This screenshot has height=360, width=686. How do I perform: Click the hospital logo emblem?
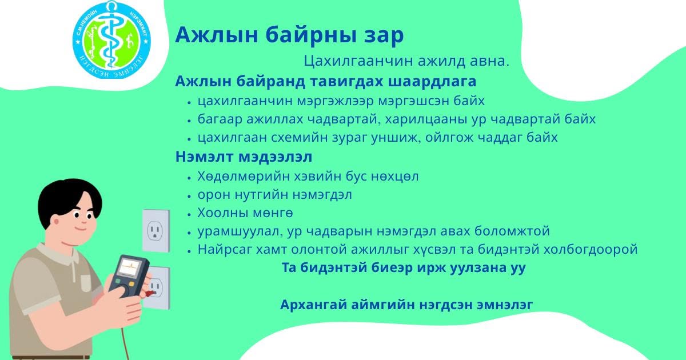111,40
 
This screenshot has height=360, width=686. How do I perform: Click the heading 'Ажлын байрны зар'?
289,35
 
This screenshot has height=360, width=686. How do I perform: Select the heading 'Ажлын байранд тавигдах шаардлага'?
325,82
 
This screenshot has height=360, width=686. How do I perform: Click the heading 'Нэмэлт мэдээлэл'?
244,157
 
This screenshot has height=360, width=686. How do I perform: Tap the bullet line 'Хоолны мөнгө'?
245,213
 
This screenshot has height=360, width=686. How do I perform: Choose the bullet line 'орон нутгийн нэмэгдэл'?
275,195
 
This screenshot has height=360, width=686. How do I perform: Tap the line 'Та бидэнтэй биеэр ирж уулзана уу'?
404,268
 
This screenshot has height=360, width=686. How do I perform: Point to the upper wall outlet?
156,231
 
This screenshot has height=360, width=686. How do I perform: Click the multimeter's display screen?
130,267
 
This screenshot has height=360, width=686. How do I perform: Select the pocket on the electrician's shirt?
86,283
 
